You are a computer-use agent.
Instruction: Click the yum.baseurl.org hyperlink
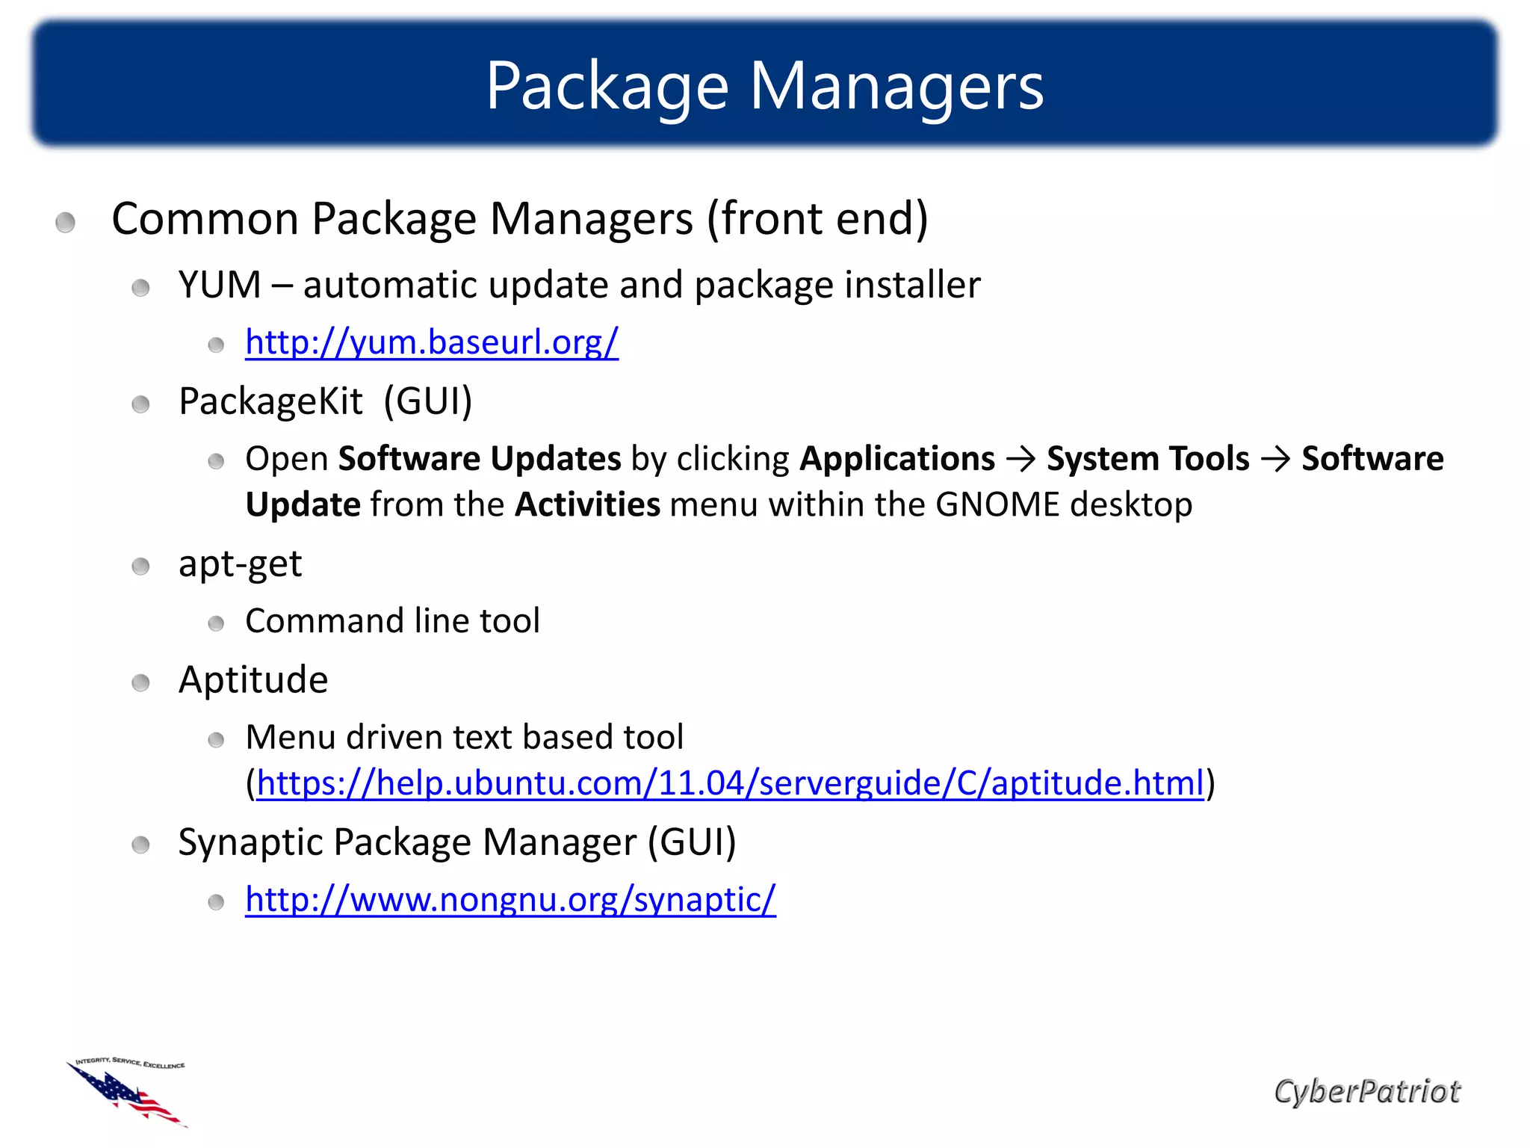click(432, 342)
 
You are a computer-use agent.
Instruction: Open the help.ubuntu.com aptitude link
click(730, 783)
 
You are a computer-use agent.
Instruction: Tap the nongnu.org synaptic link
click(510, 899)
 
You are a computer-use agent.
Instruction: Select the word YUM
click(220, 285)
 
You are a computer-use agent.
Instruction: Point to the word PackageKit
click(270, 401)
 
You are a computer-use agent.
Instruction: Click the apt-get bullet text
click(240, 564)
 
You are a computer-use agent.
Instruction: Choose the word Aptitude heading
click(253, 680)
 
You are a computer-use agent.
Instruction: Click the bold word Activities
click(587, 504)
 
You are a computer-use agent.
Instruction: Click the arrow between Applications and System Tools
click(1020, 459)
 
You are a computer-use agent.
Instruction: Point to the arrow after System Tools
click(1275, 459)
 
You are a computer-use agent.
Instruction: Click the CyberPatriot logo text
click(1366, 1091)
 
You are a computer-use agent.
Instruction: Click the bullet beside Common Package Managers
click(66, 222)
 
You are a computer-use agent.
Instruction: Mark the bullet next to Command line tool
click(216, 623)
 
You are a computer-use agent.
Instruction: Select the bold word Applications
click(897, 458)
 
